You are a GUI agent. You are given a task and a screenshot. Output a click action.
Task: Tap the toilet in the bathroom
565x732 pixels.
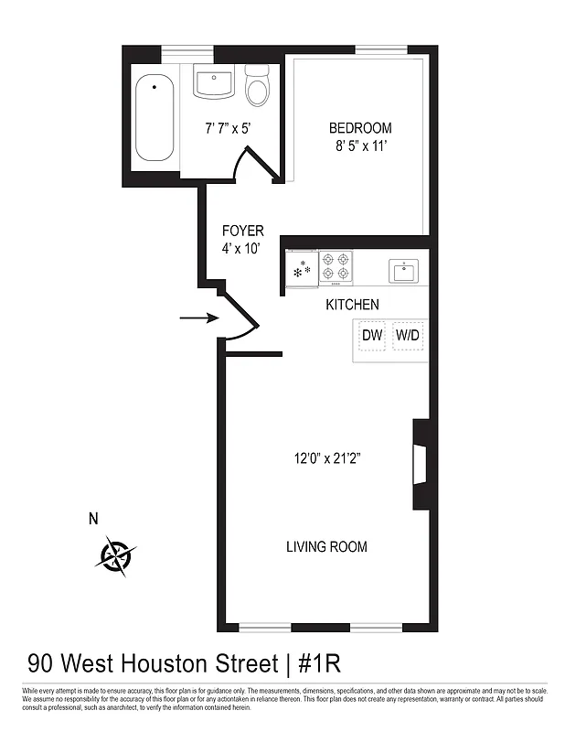click(x=259, y=86)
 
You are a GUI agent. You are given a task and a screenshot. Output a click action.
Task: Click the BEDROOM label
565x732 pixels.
click(x=360, y=128)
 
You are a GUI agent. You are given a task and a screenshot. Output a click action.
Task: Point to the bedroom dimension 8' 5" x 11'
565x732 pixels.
click(x=360, y=145)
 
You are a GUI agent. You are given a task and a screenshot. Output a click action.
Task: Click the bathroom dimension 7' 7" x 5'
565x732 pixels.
click(x=228, y=128)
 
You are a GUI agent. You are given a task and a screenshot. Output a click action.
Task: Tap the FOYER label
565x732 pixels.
click(x=242, y=231)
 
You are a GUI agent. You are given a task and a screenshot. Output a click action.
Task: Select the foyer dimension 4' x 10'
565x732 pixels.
click(x=242, y=249)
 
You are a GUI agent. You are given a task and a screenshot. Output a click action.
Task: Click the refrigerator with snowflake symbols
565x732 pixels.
click(x=302, y=269)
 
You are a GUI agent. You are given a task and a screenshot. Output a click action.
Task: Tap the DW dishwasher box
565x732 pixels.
click(x=371, y=336)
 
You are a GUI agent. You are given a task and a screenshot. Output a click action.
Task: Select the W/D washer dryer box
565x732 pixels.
click(x=408, y=336)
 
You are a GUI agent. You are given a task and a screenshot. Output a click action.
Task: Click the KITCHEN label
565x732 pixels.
click(x=352, y=305)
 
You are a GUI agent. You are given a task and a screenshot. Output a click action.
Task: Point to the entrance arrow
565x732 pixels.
click(x=198, y=318)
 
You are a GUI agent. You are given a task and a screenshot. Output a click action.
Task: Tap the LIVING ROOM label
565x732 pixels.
click(x=326, y=547)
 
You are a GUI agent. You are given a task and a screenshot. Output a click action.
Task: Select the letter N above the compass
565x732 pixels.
click(x=92, y=520)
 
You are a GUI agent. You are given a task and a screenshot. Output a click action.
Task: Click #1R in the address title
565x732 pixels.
click(x=318, y=662)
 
